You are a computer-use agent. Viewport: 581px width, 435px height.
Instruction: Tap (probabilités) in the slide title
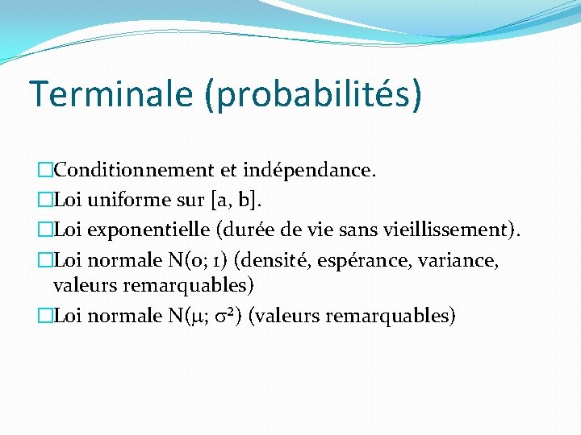click(x=312, y=95)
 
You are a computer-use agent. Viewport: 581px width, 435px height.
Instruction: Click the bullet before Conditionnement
click(x=45, y=170)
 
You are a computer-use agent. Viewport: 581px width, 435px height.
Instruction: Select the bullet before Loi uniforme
click(x=45, y=199)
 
